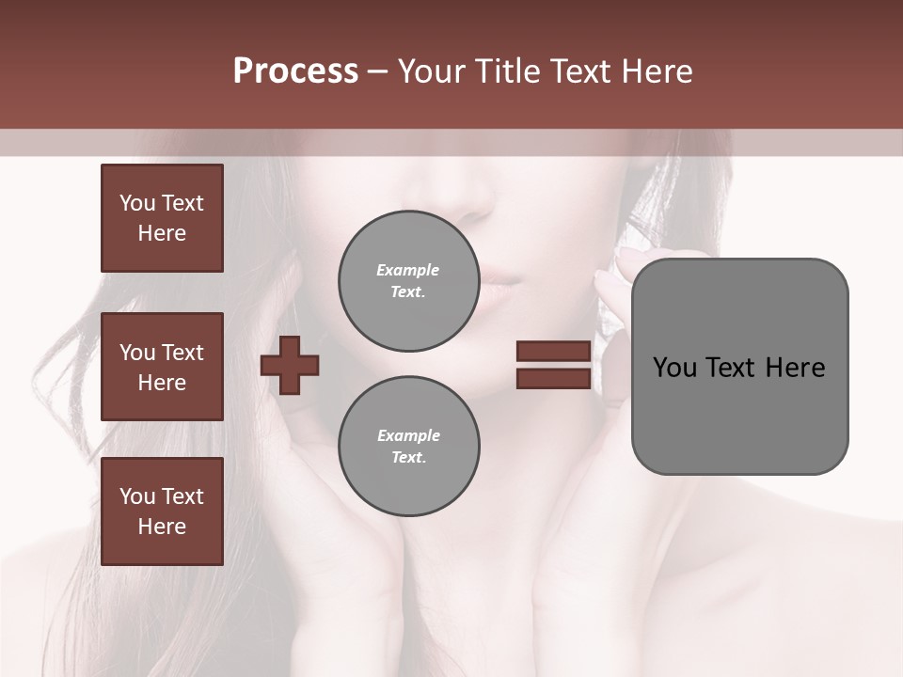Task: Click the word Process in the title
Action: click(295, 71)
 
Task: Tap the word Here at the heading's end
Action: click(657, 71)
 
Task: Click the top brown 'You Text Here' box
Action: click(162, 218)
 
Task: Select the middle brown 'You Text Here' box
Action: click(162, 367)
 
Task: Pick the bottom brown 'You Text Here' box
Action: click(162, 512)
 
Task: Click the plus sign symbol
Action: click(290, 365)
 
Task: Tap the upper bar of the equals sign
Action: click(554, 352)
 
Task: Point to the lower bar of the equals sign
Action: click(554, 378)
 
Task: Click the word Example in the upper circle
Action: click(408, 270)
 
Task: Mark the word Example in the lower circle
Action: click(408, 435)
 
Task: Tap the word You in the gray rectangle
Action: click(674, 368)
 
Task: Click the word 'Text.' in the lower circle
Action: click(408, 458)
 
